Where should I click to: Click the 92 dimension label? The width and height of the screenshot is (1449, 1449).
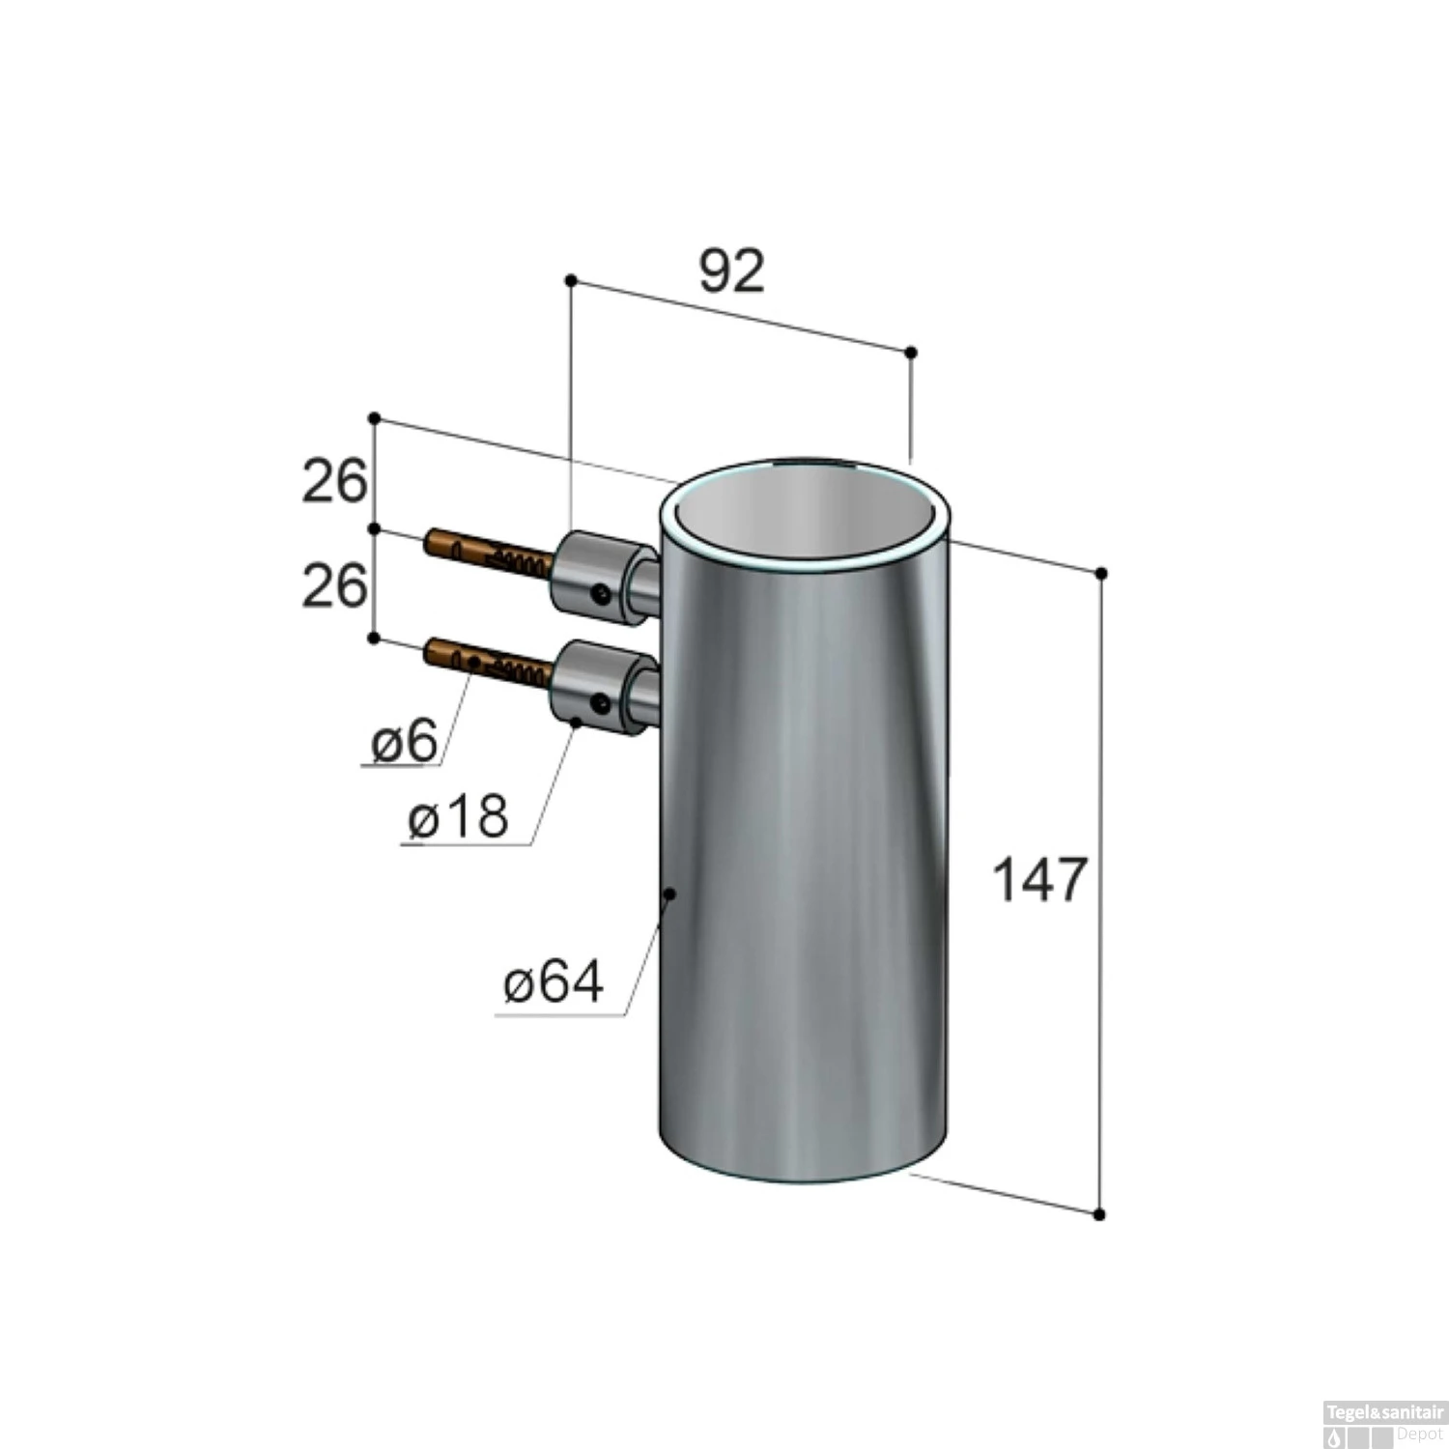click(731, 271)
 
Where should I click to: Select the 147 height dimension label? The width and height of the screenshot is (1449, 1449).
click(1040, 880)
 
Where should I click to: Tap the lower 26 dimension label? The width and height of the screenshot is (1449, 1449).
click(335, 585)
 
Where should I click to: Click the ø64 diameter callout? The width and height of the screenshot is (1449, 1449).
click(554, 982)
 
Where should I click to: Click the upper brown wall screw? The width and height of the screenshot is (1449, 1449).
click(489, 554)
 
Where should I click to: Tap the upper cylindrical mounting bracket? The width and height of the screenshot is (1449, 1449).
click(604, 577)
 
